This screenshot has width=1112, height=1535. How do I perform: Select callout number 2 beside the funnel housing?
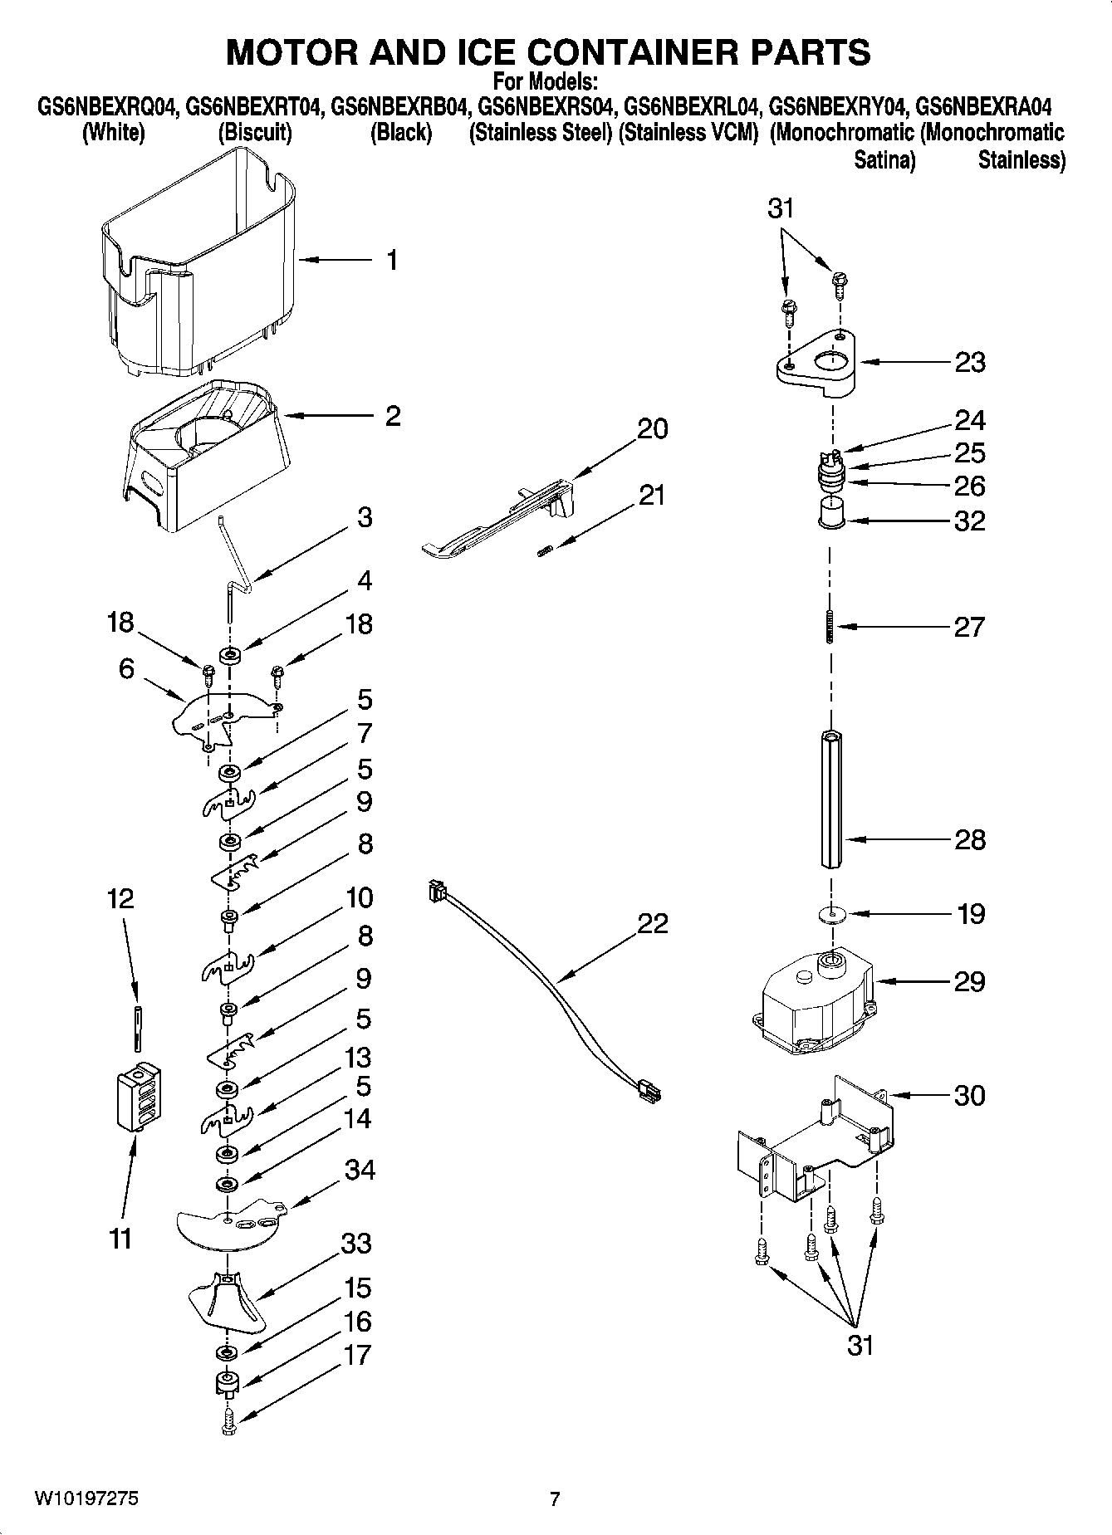pyautogui.click(x=392, y=416)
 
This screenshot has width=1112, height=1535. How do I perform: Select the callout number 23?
pyautogui.click(x=969, y=362)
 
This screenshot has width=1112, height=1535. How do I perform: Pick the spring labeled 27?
pyautogui.click(x=830, y=627)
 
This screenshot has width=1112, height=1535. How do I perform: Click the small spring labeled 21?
pyautogui.click(x=545, y=550)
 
